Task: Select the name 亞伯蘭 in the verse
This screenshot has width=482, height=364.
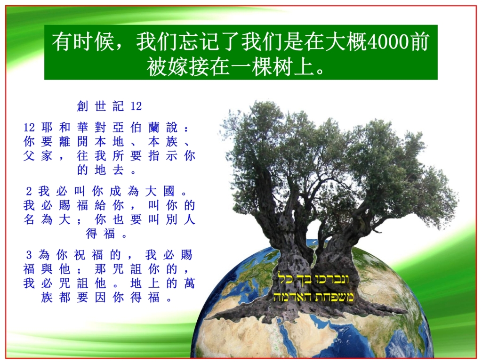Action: (137, 128)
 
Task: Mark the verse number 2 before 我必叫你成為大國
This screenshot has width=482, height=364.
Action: (29, 192)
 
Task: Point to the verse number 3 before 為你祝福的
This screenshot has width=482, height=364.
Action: (29, 256)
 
